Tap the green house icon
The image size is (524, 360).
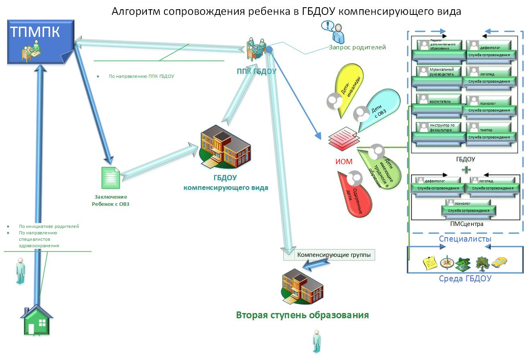(x=37, y=320)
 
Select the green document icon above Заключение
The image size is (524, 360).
(x=110, y=178)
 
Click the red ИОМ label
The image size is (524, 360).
(x=343, y=162)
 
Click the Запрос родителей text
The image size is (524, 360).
(x=357, y=47)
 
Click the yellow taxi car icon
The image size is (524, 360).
(x=499, y=262)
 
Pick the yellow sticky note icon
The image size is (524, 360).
(x=430, y=263)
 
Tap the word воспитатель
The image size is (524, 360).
(x=440, y=102)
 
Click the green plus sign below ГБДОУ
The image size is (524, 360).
(x=465, y=169)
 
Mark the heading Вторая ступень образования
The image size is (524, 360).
(x=302, y=315)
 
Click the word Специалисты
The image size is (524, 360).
(x=465, y=239)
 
